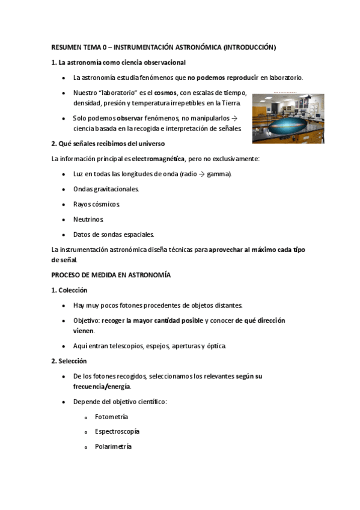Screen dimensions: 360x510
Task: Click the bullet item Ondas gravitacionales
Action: click(x=106, y=189)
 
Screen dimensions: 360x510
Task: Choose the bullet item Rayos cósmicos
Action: click(x=97, y=204)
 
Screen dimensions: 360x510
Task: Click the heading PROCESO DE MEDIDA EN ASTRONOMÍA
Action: click(x=111, y=275)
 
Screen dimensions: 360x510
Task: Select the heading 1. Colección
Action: click(x=70, y=290)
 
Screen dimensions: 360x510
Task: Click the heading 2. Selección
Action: click(x=70, y=361)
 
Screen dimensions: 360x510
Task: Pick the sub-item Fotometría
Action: click(x=111, y=417)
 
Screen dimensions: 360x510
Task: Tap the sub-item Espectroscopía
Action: click(x=117, y=432)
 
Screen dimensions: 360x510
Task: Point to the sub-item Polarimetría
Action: click(x=114, y=447)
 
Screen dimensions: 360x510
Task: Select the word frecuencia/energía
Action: click(x=102, y=386)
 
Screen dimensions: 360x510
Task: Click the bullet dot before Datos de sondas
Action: click(x=64, y=235)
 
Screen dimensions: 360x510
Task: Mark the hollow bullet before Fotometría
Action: click(x=87, y=417)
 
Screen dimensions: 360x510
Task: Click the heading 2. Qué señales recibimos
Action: click(x=108, y=144)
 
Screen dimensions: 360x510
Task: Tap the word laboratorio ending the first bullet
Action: click(x=285, y=78)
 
